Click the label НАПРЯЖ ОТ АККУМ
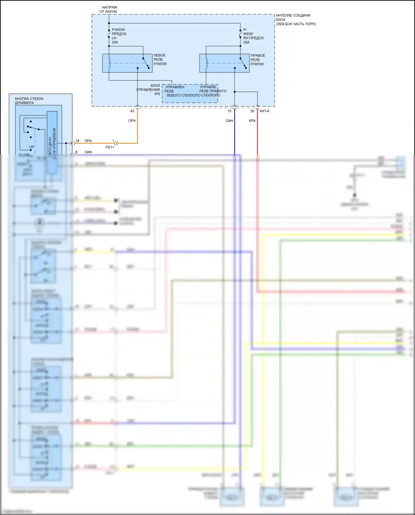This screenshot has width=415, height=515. tap(109, 9)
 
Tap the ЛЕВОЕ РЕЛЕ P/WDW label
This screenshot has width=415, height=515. tap(160, 59)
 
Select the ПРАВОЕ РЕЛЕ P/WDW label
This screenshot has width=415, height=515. tap(258, 60)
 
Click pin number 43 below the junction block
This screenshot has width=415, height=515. tap(132, 111)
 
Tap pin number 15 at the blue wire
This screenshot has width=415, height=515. tap(229, 111)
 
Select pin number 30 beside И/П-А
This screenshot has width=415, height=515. tap(252, 111)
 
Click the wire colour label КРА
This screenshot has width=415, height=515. tap(252, 121)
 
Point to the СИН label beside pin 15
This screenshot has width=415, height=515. tap(229, 121)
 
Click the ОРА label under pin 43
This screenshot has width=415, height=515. tap(132, 121)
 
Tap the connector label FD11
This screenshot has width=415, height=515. tap(110, 147)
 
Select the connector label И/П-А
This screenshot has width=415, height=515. tap(264, 111)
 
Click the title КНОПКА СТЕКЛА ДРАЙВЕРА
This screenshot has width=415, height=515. tap(29, 101)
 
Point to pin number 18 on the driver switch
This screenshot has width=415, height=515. tap(77, 141)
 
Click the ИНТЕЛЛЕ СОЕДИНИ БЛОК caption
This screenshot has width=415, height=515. tap(295, 20)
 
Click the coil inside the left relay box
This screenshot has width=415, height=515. tap(109, 63)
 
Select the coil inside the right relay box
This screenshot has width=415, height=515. tap(206, 63)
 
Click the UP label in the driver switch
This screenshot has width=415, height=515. tap(32, 147)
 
